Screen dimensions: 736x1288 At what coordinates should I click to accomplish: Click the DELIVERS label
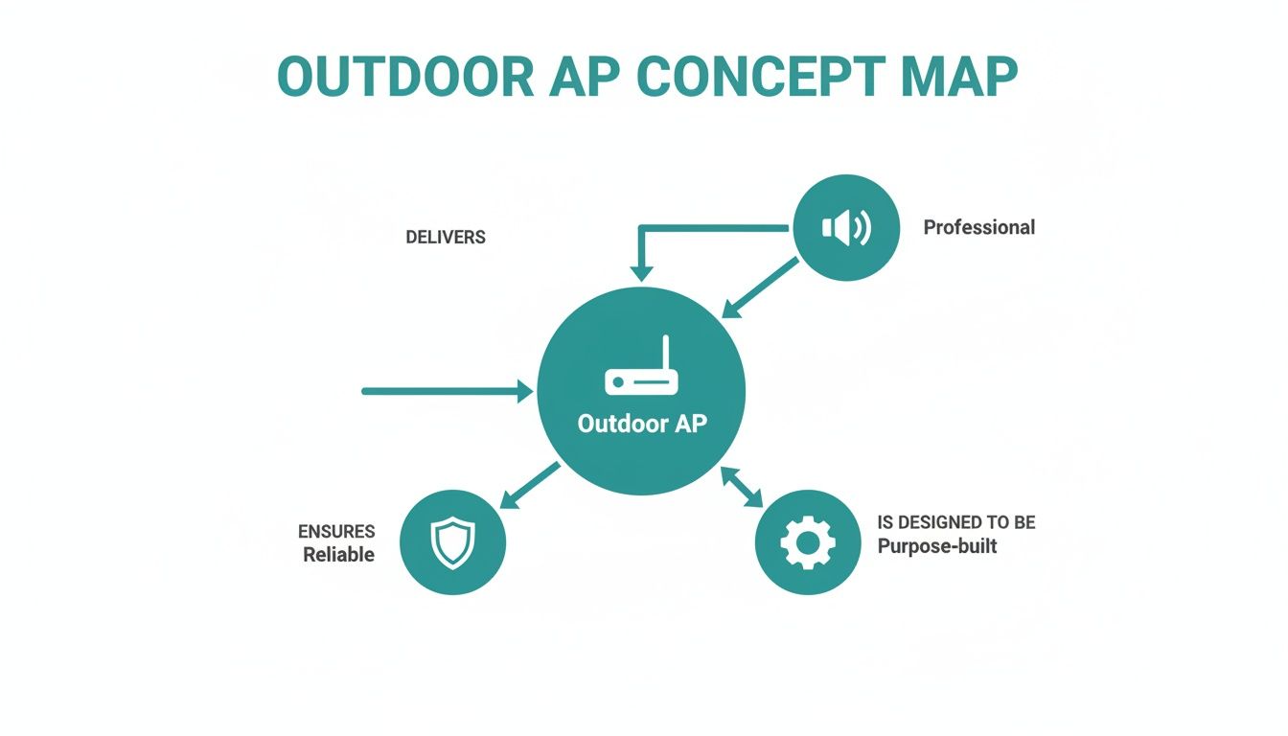pyautogui.click(x=446, y=238)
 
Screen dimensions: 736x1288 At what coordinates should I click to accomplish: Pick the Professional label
pyautogui.click(x=978, y=227)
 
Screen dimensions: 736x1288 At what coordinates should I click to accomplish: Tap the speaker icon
pyautogui.click(x=846, y=228)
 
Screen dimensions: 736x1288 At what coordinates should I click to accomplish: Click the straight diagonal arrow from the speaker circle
pyautogui.click(x=760, y=287)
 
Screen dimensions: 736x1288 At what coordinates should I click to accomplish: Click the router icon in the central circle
pyautogui.click(x=641, y=374)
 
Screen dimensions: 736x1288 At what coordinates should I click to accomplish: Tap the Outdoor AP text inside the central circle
pyautogui.click(x=641, y=424)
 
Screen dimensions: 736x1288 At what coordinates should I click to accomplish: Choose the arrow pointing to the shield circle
pyautogui.click(x=530, y=485)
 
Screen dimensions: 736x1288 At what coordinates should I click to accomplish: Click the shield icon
pyautogui.click(x=451, y=542)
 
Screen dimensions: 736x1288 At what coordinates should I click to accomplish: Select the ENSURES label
pyautogui.click(x=336, y=531)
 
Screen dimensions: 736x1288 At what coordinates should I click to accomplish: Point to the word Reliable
pyautogui.click(x=338, y=555)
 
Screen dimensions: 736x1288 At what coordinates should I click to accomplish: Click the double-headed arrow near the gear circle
pyautogui.click(x=741, y=487)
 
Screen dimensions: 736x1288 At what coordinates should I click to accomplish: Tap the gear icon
pyautogui.click(x=807, y=543)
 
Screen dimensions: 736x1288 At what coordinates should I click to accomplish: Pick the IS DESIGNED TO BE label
pyautogui.click(x=955, y=523)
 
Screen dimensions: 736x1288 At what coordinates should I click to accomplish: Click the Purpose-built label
pyautogui.click(x=936, y=546)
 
